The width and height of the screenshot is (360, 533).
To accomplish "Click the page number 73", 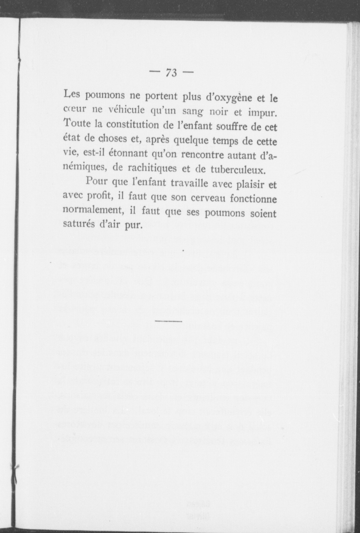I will click(x=171, y=72).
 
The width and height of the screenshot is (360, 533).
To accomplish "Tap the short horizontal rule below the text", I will click(x=168, y=321).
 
